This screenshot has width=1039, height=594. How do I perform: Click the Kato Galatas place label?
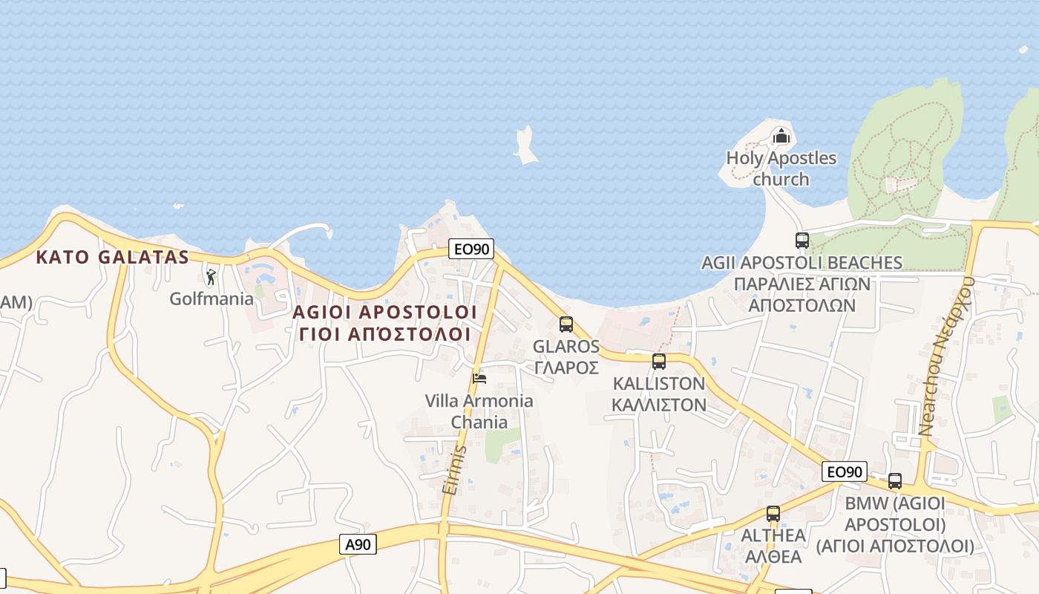click(113, 258)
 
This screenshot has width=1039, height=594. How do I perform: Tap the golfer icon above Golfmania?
click(212, 277)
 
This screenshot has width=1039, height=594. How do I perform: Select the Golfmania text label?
click(212, 298)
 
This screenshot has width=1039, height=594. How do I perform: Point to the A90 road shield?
click(358, 544)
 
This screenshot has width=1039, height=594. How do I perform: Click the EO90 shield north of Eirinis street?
click(471, 249)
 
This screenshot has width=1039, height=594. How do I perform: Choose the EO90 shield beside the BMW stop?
click(845, 471)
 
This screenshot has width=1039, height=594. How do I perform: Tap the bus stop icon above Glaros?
click(566, 324)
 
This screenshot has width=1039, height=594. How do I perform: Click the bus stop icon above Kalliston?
click(658, 362)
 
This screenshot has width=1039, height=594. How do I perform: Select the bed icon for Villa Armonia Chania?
click(479, 379)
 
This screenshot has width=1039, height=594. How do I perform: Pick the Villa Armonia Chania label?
click(479, 411)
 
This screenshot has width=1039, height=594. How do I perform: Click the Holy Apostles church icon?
click(781, 136)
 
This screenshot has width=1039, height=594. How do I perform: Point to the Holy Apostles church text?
click(781, 169)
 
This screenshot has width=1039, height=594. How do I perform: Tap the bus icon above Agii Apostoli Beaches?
click(802, 241)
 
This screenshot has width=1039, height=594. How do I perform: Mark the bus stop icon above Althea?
click(773, 513)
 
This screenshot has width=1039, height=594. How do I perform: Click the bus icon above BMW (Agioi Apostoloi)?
click(895, 481)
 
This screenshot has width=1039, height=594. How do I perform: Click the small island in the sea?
click(526, 146)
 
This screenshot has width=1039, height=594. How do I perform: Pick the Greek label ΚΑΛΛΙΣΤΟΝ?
click(658, 405)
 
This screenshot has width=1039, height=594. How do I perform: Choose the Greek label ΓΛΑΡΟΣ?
click(566, 368)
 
